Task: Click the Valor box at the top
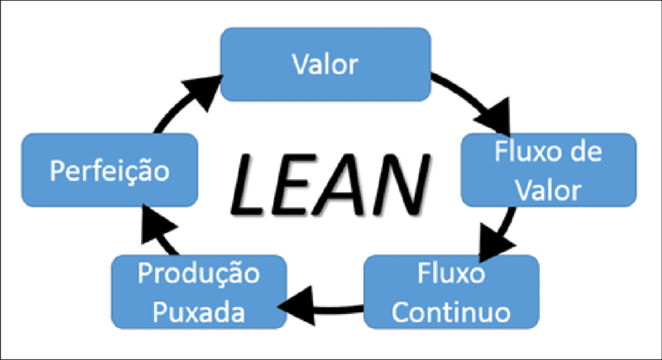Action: point(326,64)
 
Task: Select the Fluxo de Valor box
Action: point(549,169)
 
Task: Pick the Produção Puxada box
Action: point(199,292)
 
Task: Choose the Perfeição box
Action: point(109,170)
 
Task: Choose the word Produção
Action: point(199,275)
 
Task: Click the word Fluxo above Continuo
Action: point(451,275)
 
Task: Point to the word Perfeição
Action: point(109,170)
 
